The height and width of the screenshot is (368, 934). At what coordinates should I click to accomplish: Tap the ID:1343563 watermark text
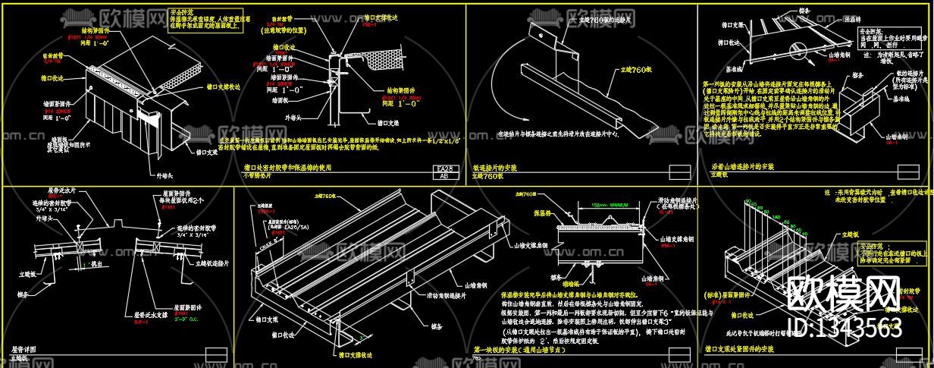click(846, 328)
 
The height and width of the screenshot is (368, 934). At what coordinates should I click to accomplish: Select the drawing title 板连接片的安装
click(497, 166)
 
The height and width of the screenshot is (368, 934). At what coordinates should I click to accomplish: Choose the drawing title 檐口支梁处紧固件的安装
click(739, 348)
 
